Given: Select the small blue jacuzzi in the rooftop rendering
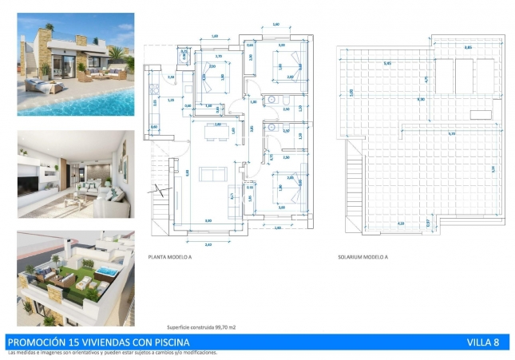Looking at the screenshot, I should click(105, 274).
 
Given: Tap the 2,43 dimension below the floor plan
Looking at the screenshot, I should click(209, 242).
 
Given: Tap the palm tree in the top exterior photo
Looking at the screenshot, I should click(115, 56).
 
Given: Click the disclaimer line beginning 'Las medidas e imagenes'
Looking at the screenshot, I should click(112, 352).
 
